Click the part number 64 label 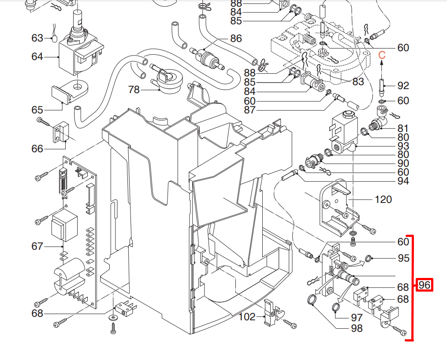tap(37, 57)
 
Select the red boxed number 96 tap(424, 285)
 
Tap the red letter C tap(382, 55)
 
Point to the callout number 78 tap(134, 90)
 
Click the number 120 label tap(383, 200)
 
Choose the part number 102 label tap(247, 317)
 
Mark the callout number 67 tap(37, 246)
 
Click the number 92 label tap(403, 86)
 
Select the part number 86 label tap(236, 38)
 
